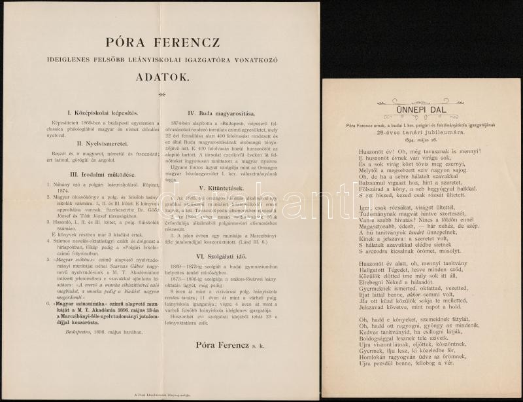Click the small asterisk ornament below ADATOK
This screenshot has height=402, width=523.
pos(160,94)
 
